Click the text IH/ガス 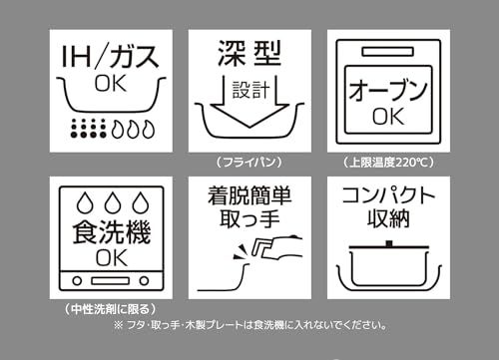click(110, 57)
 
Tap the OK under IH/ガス click(111, 84)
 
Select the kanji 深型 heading click(249, 54)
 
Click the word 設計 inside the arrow click(250, 90)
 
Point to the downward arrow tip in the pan click(249, 127)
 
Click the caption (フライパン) click(249, 162)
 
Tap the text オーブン click(388, 90)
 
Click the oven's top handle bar click(388, 52)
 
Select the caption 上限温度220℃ click(388, 163)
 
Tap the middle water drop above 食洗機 click(113, 202)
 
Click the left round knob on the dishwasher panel click(77, 281)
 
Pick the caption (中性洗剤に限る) click(110, 309)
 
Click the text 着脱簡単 click(249, 195)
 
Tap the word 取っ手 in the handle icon click(249, 219)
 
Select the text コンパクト click(388, 195)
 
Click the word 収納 click(388, 218)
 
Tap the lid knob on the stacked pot click(389, 243)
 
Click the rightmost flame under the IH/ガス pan click(149, 129)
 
